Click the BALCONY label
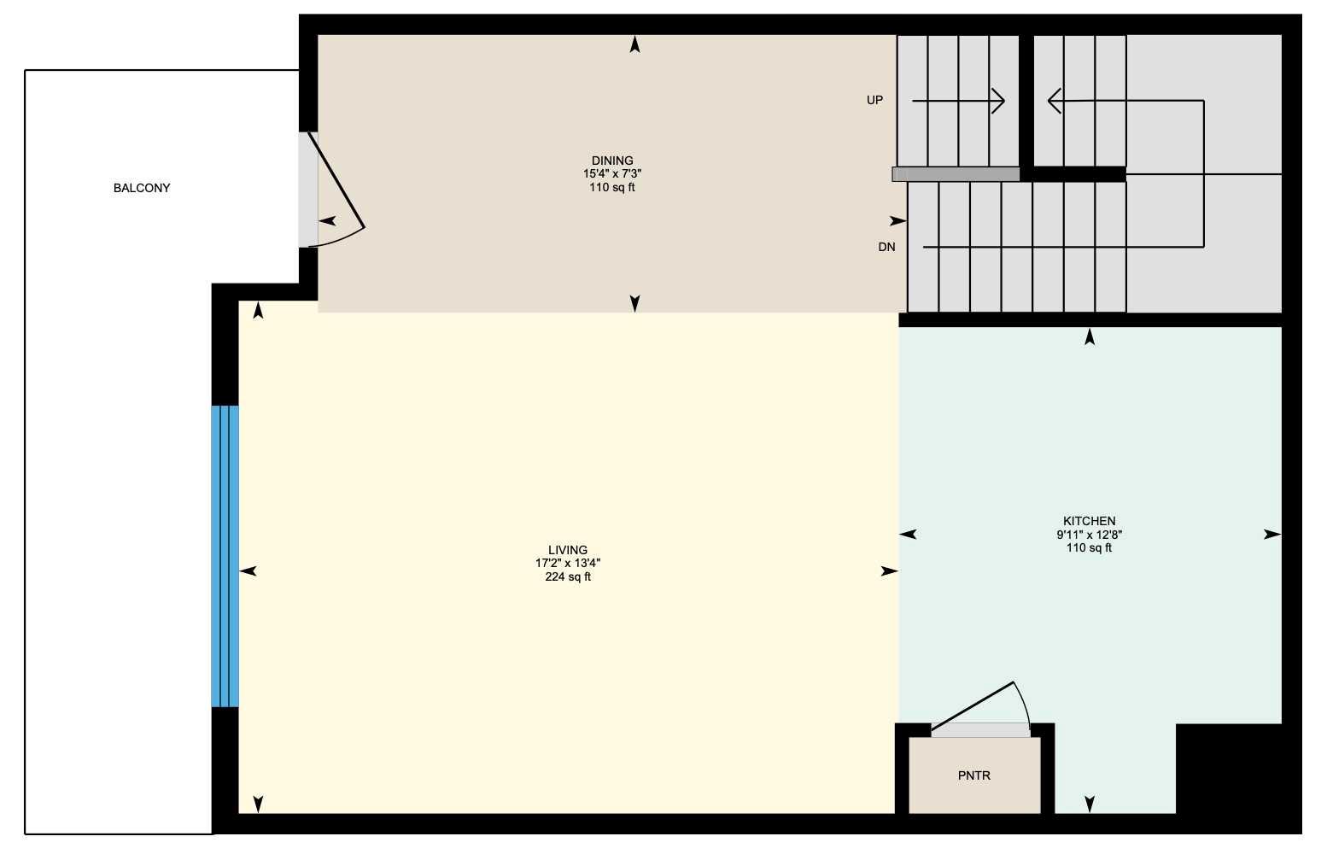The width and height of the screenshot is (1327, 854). tap(142, 188)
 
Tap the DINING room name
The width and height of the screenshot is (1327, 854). tap(612, 161)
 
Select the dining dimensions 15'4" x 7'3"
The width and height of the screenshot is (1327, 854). tap(612, 174)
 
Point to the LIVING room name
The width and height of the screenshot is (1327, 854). tap(568, 550)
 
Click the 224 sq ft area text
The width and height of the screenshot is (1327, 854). tap(568, 577)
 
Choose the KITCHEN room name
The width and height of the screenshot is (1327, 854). tap(1089, 521)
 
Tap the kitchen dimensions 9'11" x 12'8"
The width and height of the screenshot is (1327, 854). tap(1089, 535)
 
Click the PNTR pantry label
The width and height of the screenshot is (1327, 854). tap(974, 775)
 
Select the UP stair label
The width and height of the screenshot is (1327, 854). tap(874, 100)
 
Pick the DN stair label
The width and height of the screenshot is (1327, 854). tap(886, 247)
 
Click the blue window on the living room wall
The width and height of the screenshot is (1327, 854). tap(225, 556)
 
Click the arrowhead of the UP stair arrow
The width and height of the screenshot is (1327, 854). tap(1000, 102)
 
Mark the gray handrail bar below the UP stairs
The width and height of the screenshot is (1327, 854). tap(956, 174)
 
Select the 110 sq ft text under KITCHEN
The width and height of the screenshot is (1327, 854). tap(1089, 548)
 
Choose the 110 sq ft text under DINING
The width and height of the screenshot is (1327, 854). tap(612, 188)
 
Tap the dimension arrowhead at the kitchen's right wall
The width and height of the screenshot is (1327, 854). tap(1272, 535)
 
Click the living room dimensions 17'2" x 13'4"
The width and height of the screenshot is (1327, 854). tap(568, 564)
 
